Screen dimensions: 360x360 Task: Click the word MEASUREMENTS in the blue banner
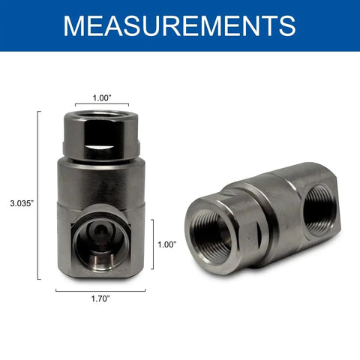pos(179,26)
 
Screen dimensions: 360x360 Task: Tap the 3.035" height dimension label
pos(22,203)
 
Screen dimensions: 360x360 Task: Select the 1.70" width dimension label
pos(100,298)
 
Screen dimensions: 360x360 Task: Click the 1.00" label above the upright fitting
pos(102,98)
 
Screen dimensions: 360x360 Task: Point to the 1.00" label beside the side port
pos(167,244)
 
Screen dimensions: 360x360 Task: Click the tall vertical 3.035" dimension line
pos(38,195)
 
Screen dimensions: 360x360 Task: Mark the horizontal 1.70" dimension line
pos(100,291)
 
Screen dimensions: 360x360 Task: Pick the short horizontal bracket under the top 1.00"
pos(102,103)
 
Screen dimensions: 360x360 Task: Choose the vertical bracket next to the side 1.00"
pos(153,244)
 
